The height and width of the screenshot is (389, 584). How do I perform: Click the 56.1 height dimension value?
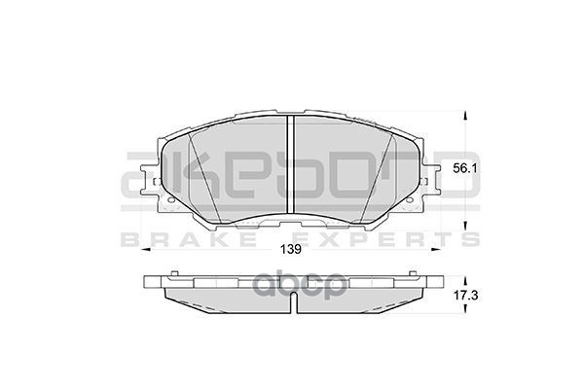(x=463, y=168)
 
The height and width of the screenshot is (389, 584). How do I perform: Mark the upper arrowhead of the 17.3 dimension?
(x=463, y=276)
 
